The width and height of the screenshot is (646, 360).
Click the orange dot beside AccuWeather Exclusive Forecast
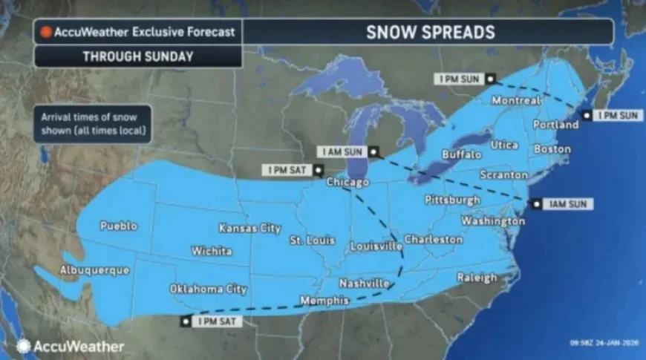point(46,32)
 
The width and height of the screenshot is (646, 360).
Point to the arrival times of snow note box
point(92,123)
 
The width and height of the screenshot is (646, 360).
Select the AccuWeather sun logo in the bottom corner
point(23,346)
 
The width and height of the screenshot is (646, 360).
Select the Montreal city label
point(516,100)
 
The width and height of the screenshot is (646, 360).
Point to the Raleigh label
point(477,278)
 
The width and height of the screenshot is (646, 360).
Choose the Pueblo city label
point(118,226)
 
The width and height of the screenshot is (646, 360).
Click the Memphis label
point(324,301)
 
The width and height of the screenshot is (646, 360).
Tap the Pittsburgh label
point(452,200)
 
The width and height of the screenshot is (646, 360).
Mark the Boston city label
point(552,149)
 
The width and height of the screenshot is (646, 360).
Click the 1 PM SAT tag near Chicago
point(293,171)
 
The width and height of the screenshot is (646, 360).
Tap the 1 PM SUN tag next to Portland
point(615,116)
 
